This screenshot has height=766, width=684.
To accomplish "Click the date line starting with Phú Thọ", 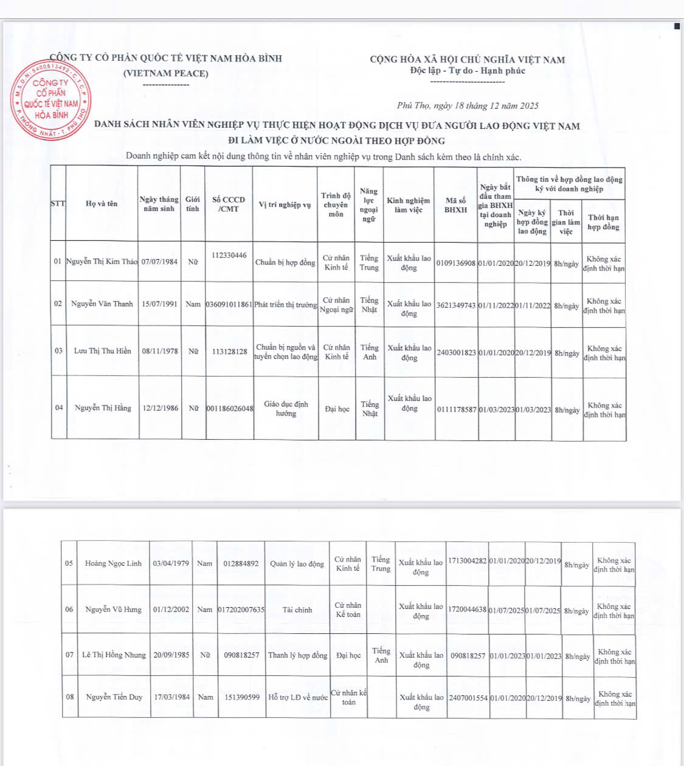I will tap(468, 106).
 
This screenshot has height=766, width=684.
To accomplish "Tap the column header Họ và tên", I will tap(102, 204).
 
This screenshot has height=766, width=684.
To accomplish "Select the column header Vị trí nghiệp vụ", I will tap(285, 204).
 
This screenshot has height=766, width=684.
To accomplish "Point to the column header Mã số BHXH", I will tap(455, 205).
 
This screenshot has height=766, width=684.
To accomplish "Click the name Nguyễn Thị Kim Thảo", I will tap(102, 262).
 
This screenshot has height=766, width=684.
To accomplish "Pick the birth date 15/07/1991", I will tap(160, 304).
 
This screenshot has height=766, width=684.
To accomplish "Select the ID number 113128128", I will tap(229, 352).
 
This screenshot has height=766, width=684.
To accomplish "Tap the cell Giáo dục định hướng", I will tap(286, 408).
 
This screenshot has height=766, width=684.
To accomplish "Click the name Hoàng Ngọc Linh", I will tap(113, 563).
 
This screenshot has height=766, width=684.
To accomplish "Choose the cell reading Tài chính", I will tap(297, 610).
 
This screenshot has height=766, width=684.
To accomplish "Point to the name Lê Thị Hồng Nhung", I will tap(114, 655).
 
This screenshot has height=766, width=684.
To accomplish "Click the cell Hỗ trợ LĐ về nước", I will tap(298, 697).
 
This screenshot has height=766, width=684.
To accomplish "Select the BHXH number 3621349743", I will tap(456, 305).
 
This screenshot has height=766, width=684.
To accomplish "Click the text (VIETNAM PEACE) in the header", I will tap(165, 73).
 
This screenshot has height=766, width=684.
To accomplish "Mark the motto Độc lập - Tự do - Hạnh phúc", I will tap(467, 71).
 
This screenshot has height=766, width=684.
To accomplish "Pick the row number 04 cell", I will tap(59, 408).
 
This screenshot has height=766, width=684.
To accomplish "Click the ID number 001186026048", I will tap(229, 408).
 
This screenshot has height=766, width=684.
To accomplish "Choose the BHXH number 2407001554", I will tap(468, 698).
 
